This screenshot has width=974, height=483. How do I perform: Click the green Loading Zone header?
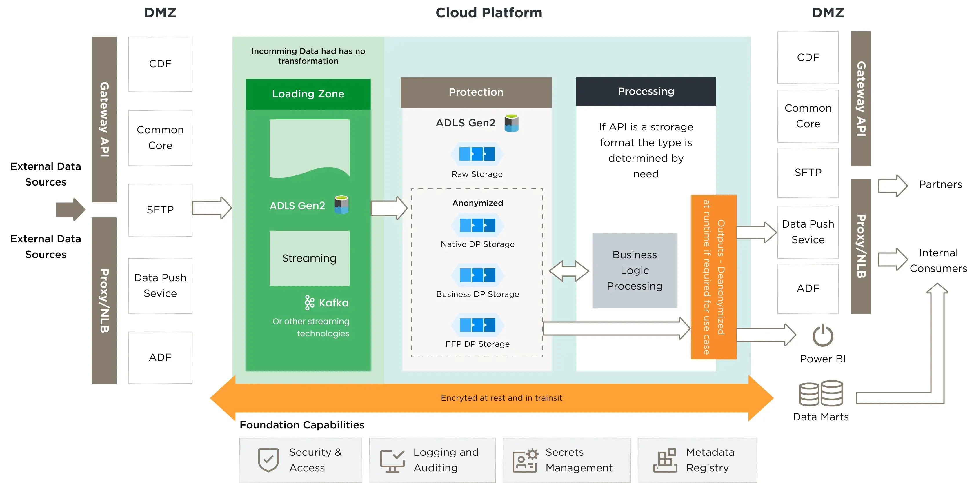point(308,94)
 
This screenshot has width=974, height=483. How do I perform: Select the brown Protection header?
point(476,92)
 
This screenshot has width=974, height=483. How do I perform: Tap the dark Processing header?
point(646,92)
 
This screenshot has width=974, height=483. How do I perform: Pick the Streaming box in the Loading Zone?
point(309,258)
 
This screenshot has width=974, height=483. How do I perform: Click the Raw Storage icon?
point(477,154)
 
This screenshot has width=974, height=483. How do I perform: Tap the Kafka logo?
point(309,303)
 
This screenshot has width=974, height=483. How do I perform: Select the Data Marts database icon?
point(820,393)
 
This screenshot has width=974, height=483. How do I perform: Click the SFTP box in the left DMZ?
point(160,210)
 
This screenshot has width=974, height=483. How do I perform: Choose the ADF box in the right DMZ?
point(808,288)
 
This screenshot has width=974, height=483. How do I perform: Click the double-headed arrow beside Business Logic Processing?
point(569,271)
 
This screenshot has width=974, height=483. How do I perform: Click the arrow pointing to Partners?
point(892,185)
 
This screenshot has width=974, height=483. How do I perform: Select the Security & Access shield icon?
point(268,460)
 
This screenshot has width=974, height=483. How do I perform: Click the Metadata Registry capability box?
point(697,460)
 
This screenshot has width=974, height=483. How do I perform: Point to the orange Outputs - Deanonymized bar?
point(713,277)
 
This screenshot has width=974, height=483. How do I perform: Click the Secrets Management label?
point(579,460)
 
